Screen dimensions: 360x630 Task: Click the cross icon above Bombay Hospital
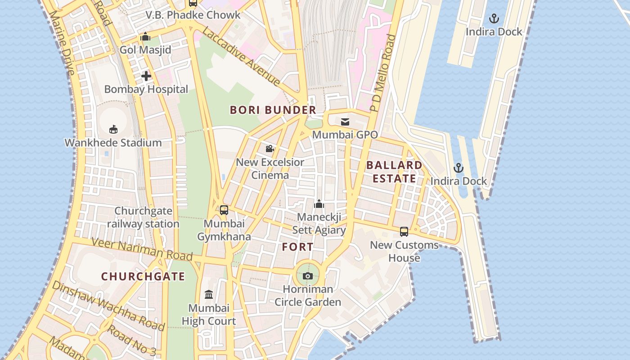[146, 76]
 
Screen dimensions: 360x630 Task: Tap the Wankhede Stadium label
[113, 143]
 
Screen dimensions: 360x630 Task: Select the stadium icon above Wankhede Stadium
[113, 129]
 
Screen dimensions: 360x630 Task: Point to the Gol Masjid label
[145, 49]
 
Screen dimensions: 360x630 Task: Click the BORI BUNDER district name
[273, 110]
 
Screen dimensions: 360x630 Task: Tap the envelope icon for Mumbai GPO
[345, 122]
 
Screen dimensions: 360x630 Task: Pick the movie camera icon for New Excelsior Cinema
[270, 149]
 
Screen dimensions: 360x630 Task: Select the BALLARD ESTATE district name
[394, 172]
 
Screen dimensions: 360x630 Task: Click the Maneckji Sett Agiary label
[319, 224]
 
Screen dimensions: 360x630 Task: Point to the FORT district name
[297, 247]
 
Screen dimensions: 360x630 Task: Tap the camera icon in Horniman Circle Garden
[308, 276]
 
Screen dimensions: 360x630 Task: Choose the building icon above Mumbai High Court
[209, 295]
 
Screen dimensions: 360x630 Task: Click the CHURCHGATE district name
[143, 277]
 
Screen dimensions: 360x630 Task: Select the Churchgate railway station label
[143, 217]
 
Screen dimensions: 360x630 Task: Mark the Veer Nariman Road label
[142, 249]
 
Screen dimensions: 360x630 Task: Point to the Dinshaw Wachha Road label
[108, 306]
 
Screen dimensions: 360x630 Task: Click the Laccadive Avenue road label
[242, 56]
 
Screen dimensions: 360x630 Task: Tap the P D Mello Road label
[382, 73]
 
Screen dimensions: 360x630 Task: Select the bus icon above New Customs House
[404, 232]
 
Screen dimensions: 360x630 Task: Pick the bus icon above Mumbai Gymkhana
[224, 210]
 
